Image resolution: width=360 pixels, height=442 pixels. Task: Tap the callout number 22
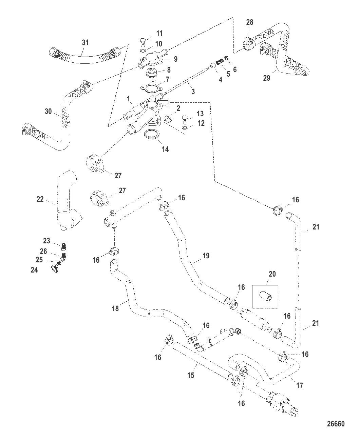tap(40, 199)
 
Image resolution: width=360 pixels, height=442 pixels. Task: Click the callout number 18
tap(116, 308)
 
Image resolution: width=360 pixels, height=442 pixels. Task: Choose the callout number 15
tap(191, 376)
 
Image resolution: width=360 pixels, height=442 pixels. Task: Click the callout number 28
tap(249, 22)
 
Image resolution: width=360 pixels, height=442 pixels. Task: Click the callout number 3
tap(193, 91)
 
